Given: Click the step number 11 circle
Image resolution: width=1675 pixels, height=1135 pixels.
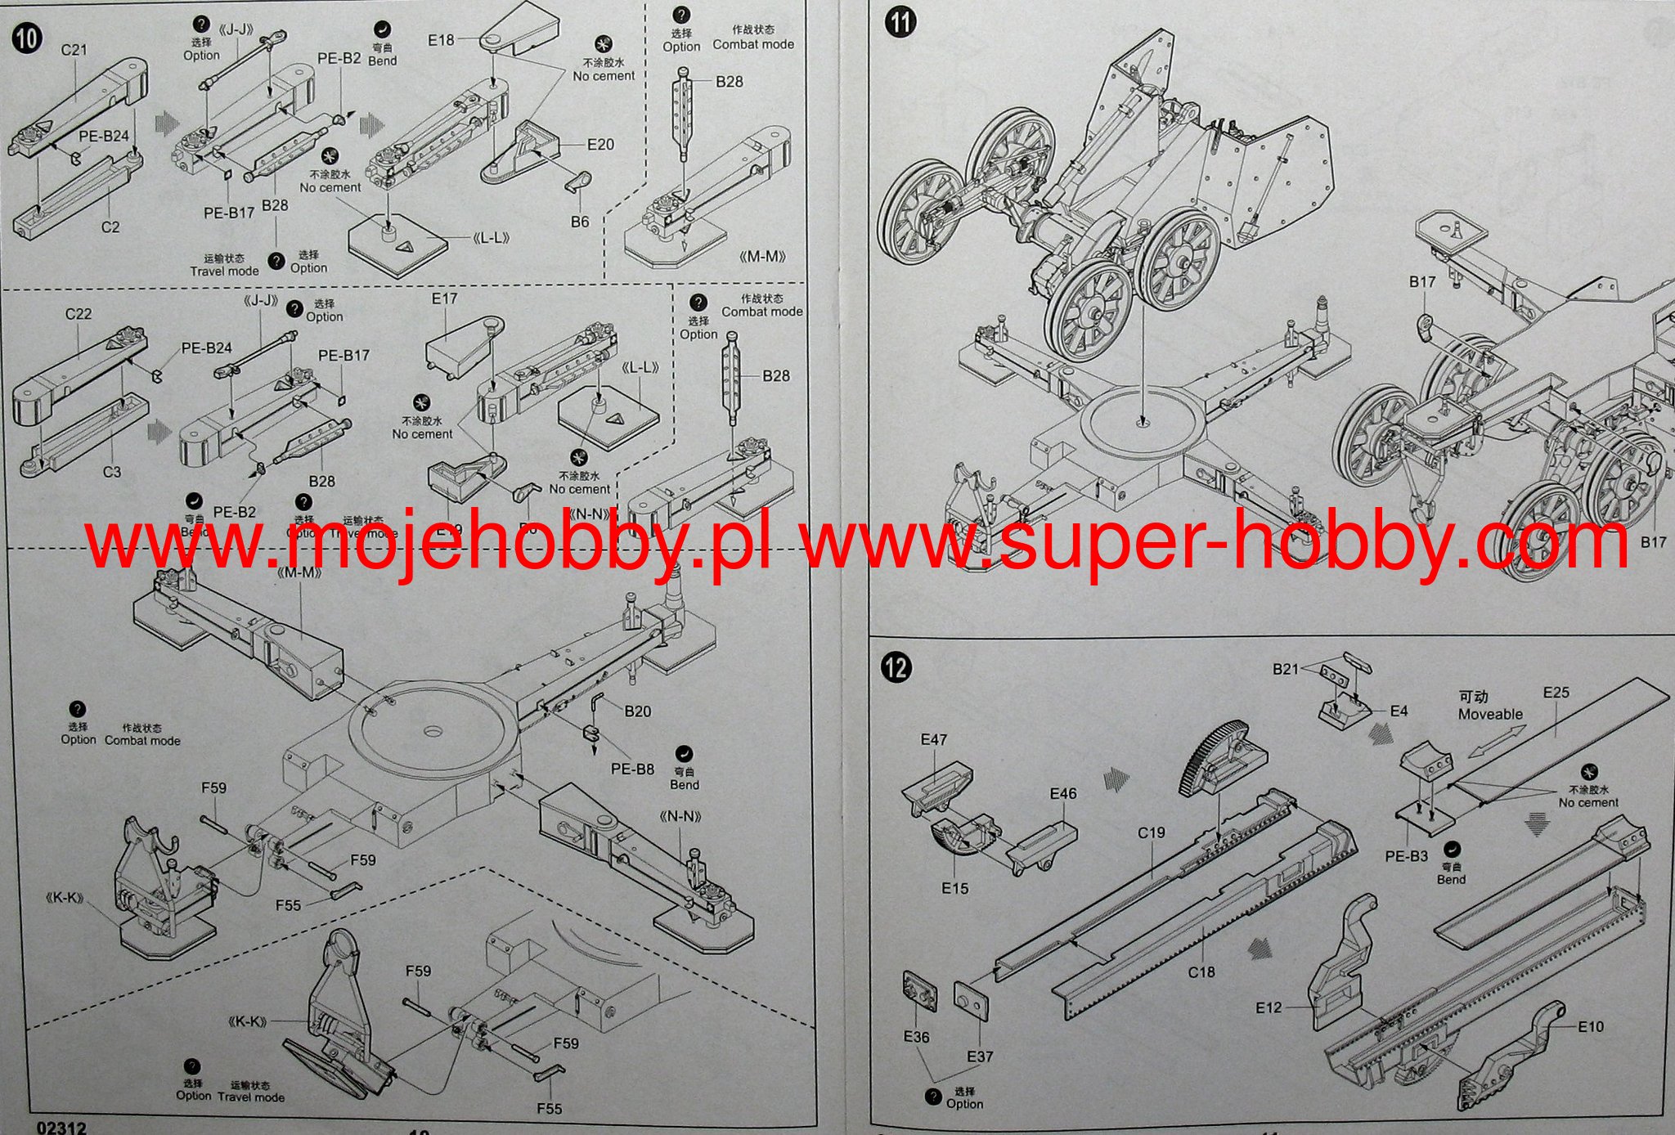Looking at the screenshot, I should coord(900,20).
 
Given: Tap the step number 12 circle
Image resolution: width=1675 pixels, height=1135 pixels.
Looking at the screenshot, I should coord(897,668).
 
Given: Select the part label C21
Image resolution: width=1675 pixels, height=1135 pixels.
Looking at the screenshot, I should coord(74,50).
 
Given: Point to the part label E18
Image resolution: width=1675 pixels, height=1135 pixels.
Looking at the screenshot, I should coord(441,39).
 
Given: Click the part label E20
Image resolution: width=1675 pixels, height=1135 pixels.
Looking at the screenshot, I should coord(600,145).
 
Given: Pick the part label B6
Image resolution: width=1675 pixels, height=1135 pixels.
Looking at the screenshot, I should coord(580,222).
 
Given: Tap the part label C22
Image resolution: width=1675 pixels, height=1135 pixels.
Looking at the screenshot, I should coord(79,314).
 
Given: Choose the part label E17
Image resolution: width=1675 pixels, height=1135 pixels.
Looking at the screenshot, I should coord(444,299).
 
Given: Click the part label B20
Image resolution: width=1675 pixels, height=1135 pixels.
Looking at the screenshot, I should coord(637,711).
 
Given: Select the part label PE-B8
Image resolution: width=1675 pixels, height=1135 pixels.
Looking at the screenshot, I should coord(632,769).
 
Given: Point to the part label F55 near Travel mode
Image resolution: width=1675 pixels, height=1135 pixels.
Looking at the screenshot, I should coord(549,1109).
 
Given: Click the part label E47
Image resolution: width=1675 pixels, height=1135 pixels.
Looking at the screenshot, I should coord(933,740).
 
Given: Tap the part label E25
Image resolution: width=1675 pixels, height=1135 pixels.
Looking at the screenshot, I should coord(1556,693).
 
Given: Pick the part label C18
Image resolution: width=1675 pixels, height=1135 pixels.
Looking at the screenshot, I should coord(1201,972).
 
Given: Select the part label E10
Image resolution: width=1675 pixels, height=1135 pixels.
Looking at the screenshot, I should coord(1591,1027).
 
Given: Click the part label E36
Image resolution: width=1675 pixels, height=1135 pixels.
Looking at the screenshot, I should coord(917,1037).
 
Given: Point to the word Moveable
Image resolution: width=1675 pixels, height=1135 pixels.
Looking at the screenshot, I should coord(1490,714).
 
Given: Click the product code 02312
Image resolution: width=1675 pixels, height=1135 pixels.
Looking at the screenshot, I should coord(61,1128).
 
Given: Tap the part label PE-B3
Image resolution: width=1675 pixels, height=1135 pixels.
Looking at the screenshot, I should coord(1406,857).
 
